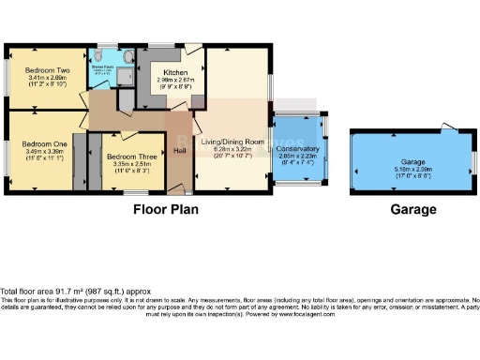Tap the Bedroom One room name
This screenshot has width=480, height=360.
pos(42,143)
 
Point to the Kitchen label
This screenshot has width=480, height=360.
pos(177,73)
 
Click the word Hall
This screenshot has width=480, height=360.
pos(180,150)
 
